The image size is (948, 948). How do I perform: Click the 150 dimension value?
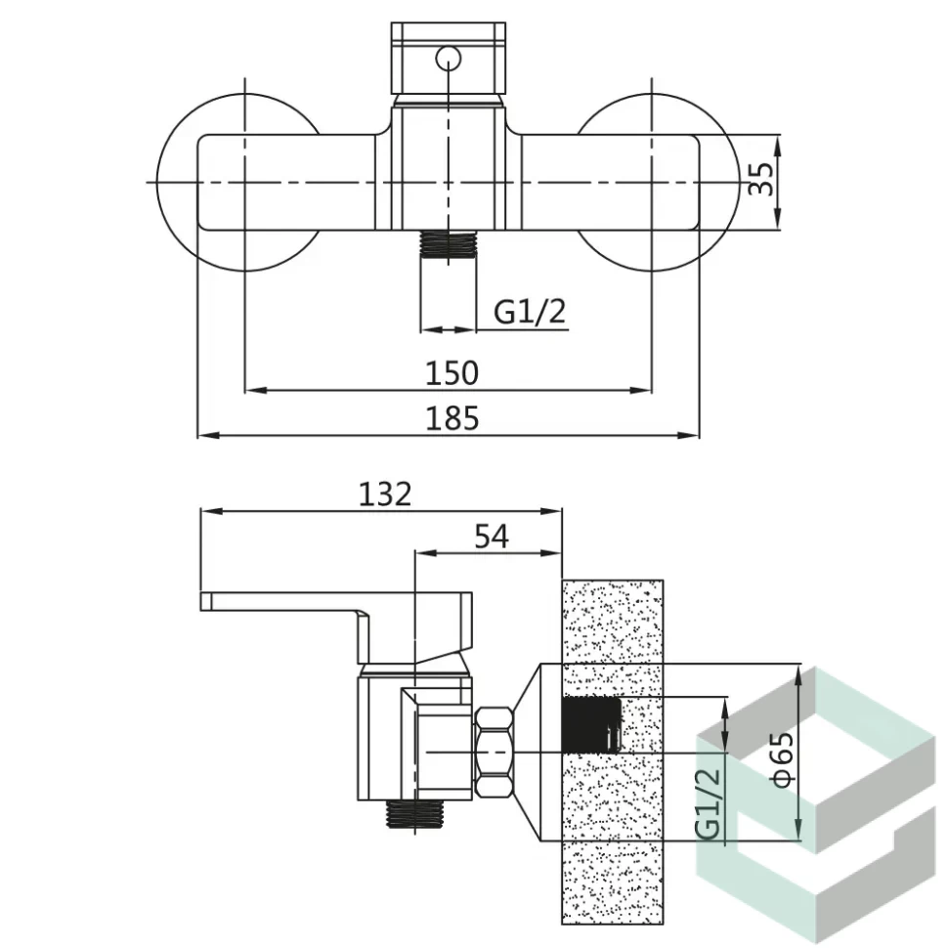coord(452,373)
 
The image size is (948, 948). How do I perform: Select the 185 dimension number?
coord(452,418)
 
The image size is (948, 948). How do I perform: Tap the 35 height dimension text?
coord(761,178)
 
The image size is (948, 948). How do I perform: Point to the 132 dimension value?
coord(385,494)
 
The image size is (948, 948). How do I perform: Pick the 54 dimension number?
coord(492,537)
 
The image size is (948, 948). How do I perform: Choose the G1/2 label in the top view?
coord(530,312)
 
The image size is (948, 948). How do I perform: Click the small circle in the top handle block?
coord(448,59)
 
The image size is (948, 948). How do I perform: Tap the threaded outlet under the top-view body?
coord(448,245)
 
